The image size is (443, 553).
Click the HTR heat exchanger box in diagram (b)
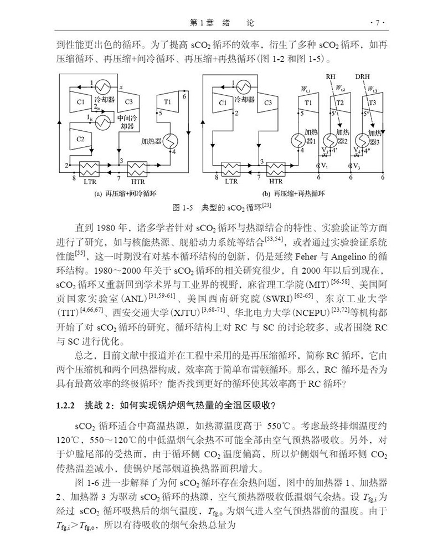[x=275, y=167]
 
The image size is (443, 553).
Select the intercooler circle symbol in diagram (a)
[x=102, y=123]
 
